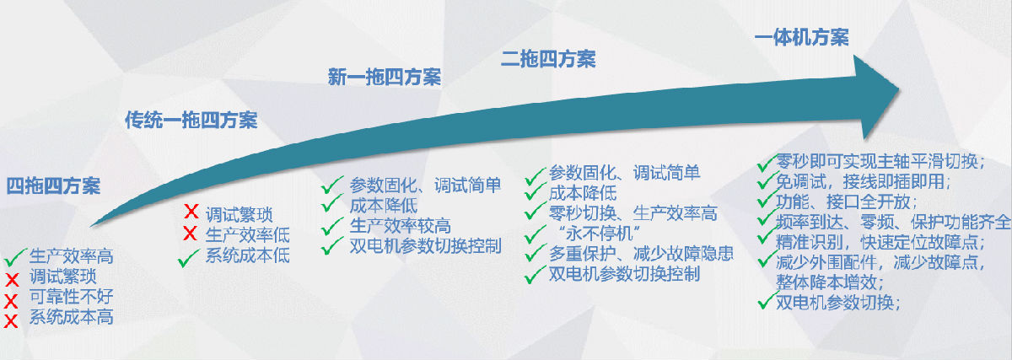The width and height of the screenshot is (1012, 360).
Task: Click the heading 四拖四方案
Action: coord(53,186)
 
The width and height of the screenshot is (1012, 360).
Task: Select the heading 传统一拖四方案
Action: coord(191,121)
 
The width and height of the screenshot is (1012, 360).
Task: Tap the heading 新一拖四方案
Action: coord(384,77)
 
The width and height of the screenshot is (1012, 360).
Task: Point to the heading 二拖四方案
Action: coord(548,59)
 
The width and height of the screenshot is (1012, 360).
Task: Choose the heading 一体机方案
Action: coord(802,37)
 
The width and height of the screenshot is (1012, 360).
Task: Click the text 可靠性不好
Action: coord(72,297)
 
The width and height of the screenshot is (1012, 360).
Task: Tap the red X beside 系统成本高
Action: coord(11,321)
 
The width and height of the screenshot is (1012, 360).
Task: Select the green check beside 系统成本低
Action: coord(188,258)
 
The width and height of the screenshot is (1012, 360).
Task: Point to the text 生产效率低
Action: coord(248,235)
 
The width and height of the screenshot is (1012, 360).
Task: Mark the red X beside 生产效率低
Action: coord(191,234)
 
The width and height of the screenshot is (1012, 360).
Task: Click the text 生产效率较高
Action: coord(401,226)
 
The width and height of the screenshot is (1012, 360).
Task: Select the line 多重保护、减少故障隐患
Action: coord(641,254)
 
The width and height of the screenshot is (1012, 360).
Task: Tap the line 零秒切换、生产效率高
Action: coord(633,213)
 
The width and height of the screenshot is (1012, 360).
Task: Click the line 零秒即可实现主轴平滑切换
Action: coord(880,161)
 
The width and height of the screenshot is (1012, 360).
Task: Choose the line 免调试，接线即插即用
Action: coord(863,181)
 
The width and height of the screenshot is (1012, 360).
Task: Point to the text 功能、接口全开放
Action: coord(846,201)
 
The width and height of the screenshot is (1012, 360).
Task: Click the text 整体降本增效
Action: coord(829,282)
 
